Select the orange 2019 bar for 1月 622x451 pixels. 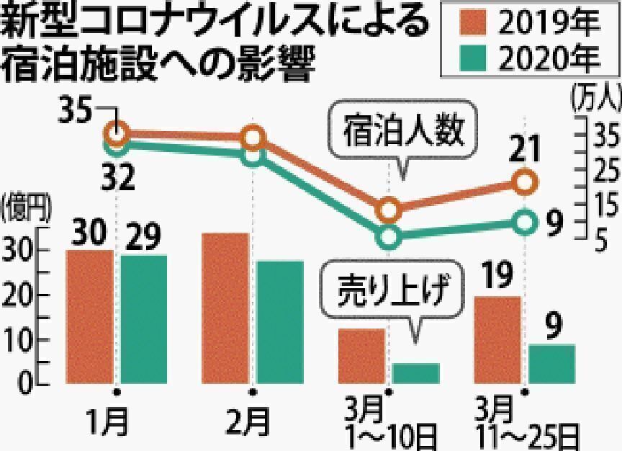[x=89, y=317]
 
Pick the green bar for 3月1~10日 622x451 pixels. [x=416, y=372]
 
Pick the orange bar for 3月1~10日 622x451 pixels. [x=362, y=356]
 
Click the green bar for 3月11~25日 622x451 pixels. [x=552, y=364]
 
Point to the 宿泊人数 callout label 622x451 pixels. [x=400, y=133]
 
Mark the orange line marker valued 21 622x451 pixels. [x=526, y=183]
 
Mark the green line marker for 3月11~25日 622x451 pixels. [x=526, y=222]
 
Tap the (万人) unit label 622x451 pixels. [x=595, y=97]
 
